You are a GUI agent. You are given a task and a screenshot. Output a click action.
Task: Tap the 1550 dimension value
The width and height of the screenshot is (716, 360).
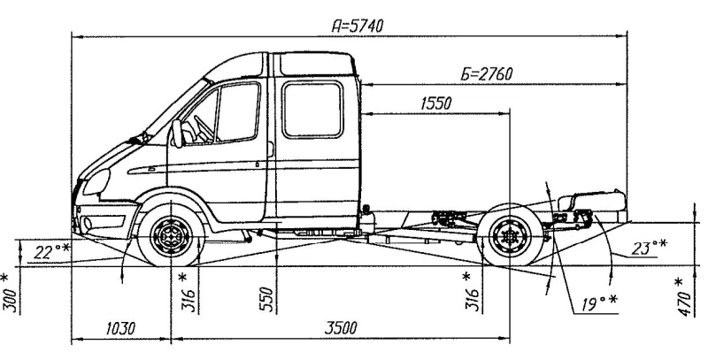(435, 103)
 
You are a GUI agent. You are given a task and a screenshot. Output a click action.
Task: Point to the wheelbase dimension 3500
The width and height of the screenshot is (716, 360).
(340, 328)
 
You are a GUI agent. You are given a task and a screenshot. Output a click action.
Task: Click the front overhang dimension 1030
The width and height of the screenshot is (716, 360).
(120, 328)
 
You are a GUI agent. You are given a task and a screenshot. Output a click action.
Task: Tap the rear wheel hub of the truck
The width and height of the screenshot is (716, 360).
(508, 237)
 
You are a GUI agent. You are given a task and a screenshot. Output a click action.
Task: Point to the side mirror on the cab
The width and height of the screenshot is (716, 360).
(178, 133)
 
